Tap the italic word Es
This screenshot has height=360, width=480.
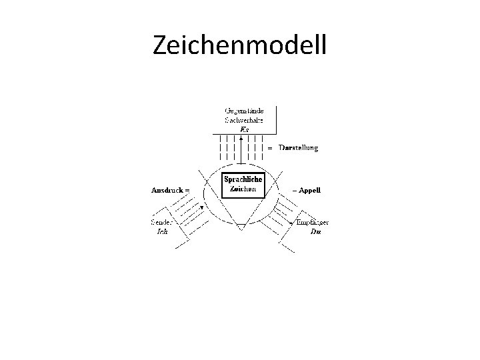(244, 129)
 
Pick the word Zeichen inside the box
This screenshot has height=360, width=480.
(243, 189)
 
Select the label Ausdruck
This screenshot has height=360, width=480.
(167, 190)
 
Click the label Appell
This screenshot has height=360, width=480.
(311, 190)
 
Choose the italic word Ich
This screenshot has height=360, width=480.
(162, 232)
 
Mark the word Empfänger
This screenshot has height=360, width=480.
(313, 223)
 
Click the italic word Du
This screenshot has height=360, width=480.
(315, 232)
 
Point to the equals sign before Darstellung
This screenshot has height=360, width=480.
(270, 147)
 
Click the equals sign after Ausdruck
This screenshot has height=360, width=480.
(187, 190)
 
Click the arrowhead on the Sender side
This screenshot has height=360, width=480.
(202, 207)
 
